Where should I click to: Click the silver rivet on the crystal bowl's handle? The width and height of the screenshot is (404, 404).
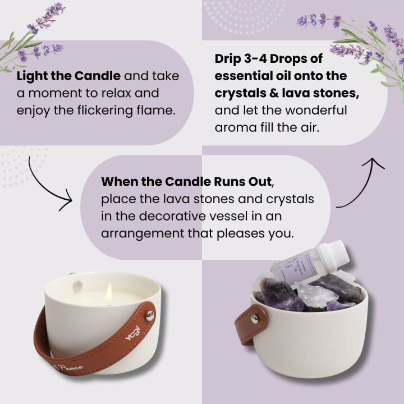click(255, 318)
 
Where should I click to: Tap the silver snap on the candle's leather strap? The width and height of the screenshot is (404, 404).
click(149, 315)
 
